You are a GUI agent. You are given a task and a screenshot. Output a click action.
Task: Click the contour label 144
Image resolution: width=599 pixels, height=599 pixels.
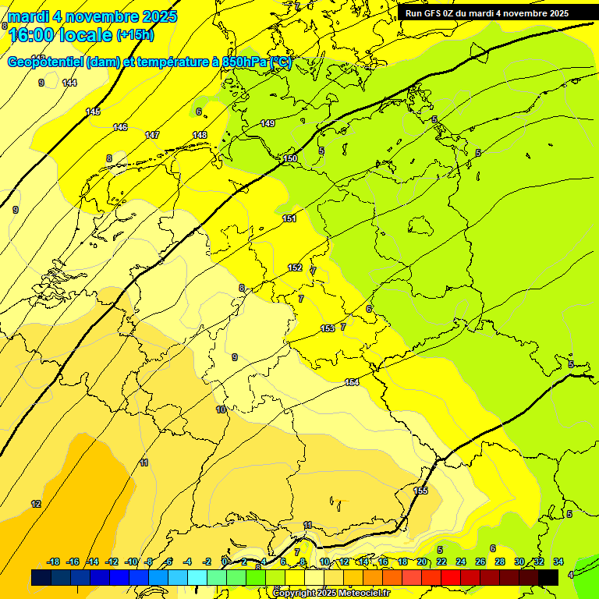point(70,83)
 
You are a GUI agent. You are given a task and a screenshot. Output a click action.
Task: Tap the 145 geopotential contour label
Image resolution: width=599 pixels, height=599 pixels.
point(93,112)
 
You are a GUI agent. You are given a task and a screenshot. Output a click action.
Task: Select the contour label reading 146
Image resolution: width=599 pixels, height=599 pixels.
point(120,127)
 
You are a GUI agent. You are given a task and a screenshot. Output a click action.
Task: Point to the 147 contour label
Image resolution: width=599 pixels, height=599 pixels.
point(152,135)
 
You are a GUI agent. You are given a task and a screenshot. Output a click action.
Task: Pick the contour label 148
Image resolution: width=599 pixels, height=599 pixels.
point(200,135)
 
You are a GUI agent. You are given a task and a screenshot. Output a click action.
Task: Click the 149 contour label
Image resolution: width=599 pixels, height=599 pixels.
point(268,123)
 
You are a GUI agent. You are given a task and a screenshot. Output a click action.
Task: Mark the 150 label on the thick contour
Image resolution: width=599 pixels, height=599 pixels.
point(290,158)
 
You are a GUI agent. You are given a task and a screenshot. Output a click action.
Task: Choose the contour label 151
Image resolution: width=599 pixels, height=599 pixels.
point(289,218)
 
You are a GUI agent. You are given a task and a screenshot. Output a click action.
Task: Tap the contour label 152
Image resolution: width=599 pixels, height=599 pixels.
point(295,268)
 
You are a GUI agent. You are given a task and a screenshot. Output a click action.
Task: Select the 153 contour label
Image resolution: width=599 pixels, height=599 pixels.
point(328,328)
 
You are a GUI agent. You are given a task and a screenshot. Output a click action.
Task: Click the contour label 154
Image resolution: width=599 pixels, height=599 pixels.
point(352,382)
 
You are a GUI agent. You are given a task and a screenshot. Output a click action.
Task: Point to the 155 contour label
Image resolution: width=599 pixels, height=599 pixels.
point(421,490)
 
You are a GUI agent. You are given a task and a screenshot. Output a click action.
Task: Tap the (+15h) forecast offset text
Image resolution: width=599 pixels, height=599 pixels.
point(135,35)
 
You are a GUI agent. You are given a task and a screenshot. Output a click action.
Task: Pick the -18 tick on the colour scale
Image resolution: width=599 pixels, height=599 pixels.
point(54,562)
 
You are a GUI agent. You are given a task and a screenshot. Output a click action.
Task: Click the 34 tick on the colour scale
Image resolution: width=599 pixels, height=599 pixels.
point(558,562)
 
